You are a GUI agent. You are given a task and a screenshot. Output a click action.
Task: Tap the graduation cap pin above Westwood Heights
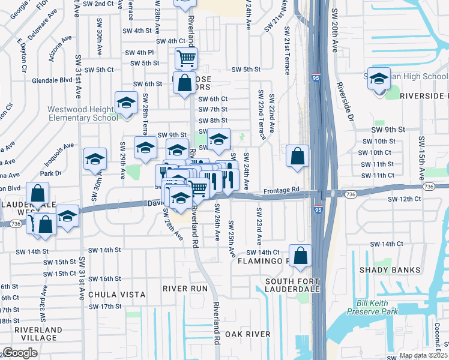[x=126, y=103]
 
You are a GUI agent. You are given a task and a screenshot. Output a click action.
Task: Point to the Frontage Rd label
[x=282, y=190]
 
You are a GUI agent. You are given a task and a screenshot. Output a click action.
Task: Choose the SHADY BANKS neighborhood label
[x=390, y=270]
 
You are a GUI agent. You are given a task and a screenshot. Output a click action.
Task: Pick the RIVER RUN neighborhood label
[x=185, y=289]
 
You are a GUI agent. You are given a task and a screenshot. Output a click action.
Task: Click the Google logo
[x=20, y=353]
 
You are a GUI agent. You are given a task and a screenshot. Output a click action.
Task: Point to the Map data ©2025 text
[x=423, y=355]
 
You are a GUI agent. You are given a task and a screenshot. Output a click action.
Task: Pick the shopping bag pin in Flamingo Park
[x=301, y=256]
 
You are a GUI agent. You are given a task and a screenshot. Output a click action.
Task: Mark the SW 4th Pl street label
[x=140, y=53]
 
